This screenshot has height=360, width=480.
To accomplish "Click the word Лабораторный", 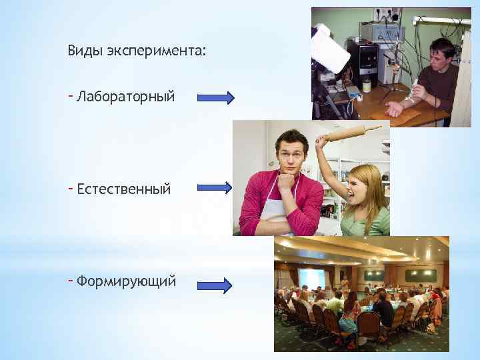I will point(126,97).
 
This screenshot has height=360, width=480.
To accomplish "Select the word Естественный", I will point(124,189).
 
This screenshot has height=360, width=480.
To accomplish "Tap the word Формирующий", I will point(126,281).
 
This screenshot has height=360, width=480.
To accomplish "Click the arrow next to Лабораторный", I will point(216,98).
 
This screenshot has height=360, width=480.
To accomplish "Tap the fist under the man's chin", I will point(287,180).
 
